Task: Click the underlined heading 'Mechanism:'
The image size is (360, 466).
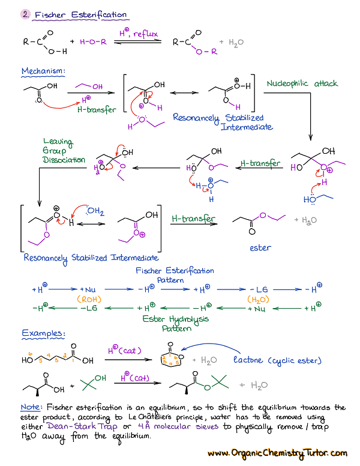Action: pos(44,71)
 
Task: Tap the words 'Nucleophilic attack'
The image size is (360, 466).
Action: pos(302,83)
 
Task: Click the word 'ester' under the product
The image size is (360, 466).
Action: pos(260,247)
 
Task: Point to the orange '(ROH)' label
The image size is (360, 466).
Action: pos(88,298)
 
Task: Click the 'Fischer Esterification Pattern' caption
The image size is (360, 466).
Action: pos(175,275)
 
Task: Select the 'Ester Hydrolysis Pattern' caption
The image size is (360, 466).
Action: pos(175,323)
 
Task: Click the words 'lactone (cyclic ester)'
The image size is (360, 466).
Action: pos(277,360)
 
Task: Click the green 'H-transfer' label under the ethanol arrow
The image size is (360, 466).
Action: pos(97,110)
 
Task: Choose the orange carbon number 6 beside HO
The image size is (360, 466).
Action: pos(30,354)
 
